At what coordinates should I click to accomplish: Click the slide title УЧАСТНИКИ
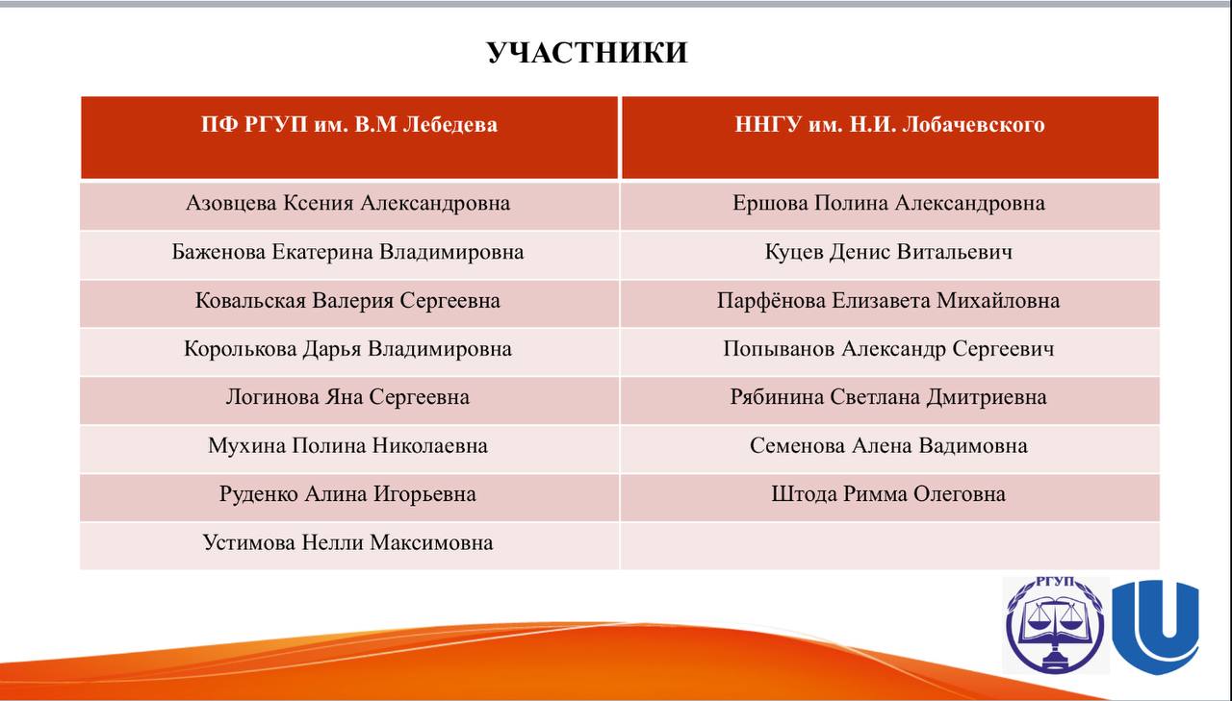coord(587,53)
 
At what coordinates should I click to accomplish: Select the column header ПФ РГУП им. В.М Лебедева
coord(349,125)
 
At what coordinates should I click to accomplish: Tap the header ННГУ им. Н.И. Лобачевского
coord(889,125)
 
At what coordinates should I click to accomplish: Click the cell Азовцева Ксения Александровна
coord(348,203)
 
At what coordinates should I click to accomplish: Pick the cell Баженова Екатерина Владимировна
coord(347,252)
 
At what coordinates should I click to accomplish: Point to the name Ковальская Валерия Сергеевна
coord(347,301)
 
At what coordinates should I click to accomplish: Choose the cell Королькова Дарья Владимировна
coord(347,349)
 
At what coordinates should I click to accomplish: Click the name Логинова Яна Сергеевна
coord(347,397)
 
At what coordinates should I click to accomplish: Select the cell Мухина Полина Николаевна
coord(347,445)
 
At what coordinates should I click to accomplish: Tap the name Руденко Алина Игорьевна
coord(347,494)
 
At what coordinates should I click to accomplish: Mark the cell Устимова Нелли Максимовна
coord(347,542)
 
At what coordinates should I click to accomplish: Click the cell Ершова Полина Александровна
coord(888,203)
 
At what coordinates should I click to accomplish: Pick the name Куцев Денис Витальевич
coord(888,252)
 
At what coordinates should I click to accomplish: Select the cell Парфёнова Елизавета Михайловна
coord(888,301)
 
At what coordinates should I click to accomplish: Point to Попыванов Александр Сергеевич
coord(888,349)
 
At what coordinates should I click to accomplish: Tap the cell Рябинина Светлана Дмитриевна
coord(888,397)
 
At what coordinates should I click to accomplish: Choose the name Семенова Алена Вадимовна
coord(888,445)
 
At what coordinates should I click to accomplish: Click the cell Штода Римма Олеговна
coord(888,494)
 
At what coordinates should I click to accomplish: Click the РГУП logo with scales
coord(1056,625)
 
